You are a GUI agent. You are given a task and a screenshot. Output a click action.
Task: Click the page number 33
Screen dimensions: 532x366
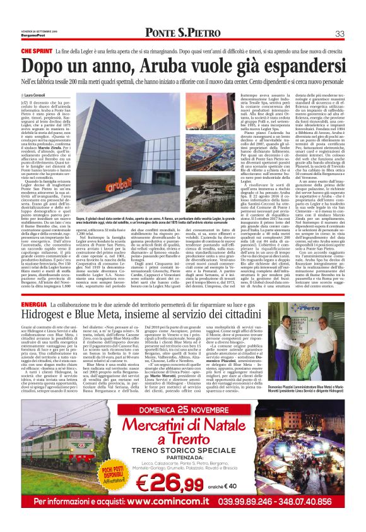339,33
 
